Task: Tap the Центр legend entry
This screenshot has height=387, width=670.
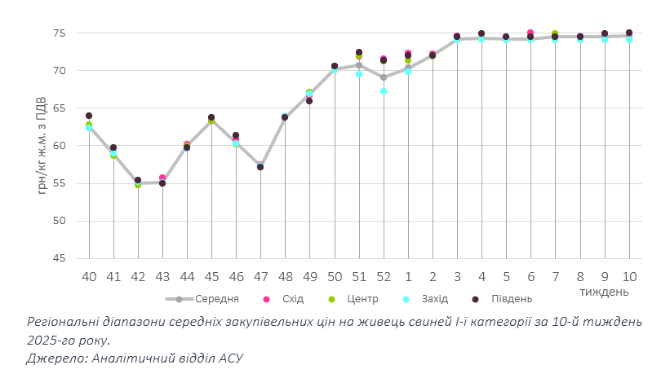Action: coord(360,298)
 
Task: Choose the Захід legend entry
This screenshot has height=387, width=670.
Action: coord(432,298)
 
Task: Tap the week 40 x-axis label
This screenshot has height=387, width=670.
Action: coord(89,276)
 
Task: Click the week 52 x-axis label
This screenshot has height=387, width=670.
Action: coord(384,276)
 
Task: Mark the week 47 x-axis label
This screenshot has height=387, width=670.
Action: coord(260,276)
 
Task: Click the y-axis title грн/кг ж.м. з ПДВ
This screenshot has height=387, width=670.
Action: coord(41,145)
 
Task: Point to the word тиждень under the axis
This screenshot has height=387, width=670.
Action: coord(604,291)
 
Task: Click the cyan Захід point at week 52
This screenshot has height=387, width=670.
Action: coord(384,91)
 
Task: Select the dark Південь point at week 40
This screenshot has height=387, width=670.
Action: coord(89,117)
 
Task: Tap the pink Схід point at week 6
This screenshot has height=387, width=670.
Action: coord(530,33)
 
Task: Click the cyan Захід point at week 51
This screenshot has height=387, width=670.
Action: coord(359,74)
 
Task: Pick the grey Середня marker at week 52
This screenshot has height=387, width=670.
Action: coord(384,77)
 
